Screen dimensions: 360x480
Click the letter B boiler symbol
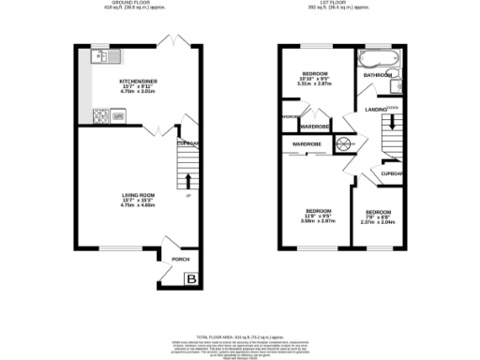(190, 278)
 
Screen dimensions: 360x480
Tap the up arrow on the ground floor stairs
(187, 180)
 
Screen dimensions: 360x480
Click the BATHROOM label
(377, 74)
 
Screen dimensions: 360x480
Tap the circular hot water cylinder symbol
(344, 143)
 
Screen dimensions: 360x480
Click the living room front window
(113, 249)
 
